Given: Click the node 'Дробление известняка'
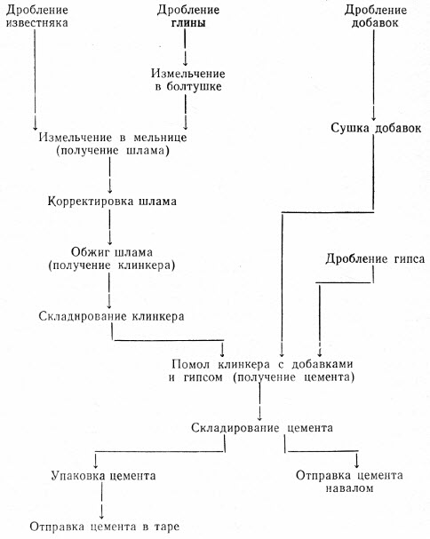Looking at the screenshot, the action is pyautogui.click(x=37, y=17).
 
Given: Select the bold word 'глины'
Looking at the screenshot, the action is pyautogui.click(x=188, y=23).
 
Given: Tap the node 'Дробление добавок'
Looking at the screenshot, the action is pyautogui.click(x=375, y=17).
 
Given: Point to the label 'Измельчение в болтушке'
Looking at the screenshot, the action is pyautogui.click(x=188, y=80).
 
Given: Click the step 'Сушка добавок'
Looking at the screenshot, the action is pyautogui.click(x=376, y=128).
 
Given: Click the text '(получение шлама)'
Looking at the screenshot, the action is pyautogui.click(x=113, y=151).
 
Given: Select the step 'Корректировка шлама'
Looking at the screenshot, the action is pyautogui.click(x=112, y=201).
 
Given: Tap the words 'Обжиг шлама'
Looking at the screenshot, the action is pyautogui.click(x=112, y=252).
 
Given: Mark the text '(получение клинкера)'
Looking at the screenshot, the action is pyautogui.click(x=112, y=266).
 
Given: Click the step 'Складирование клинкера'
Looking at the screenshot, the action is pyautogui.click(x=111, y=316).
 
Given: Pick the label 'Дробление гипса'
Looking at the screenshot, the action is pyautogui.click(x=375, y=258).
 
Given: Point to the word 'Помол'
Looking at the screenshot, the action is pyautogui.click(x=191, y=364).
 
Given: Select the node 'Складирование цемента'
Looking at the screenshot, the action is pyautogui.click(x=262, y=428).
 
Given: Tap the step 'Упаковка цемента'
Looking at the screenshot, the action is pyautogui.click(x=104, y=476).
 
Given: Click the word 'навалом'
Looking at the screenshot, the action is pyautogui.click(x=349, y=488).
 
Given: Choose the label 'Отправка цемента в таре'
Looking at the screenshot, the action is pyautogui.click(x=105, y=527).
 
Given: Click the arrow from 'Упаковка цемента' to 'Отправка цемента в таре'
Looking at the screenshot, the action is pyautogui.click(x=102, y=501).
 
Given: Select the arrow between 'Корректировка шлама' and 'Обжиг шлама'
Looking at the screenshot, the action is pyautogui.click(x=110, y=226).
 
